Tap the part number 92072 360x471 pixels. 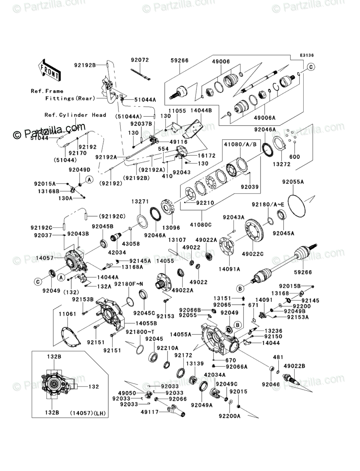click(140, 60)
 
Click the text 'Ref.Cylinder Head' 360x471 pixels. click(75, 115)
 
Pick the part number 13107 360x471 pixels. click(177, 240)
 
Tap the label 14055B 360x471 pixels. click(146, 323)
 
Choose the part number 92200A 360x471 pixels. click(230, 416)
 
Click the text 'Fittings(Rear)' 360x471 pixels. click(70, 98)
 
